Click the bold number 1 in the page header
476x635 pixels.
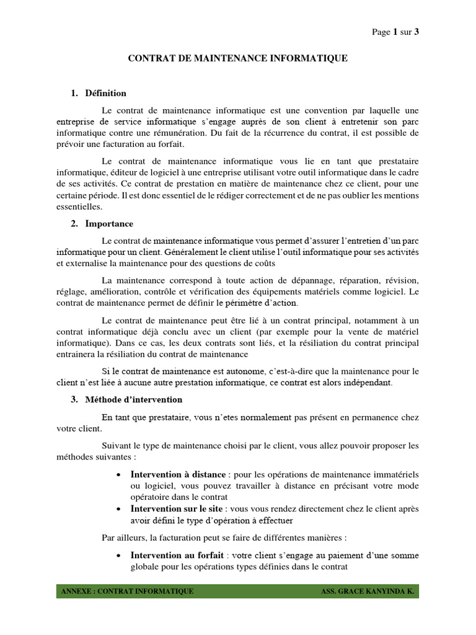[x=395, y=32]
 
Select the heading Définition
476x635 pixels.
[x=106, y=93]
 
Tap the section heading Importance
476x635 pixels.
[x=110, y=223]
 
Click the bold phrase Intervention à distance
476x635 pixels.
[x=177, y=474]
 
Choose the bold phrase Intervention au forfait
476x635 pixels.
[x=175, y=555]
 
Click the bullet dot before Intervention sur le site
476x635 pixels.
[x=118, y=509]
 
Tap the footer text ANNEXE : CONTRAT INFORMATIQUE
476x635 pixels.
[x=127, y=592]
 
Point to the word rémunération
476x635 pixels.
[x=236, y=133]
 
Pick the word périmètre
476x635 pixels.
[x=245, y=303]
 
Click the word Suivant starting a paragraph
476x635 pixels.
[x=117, y=445]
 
